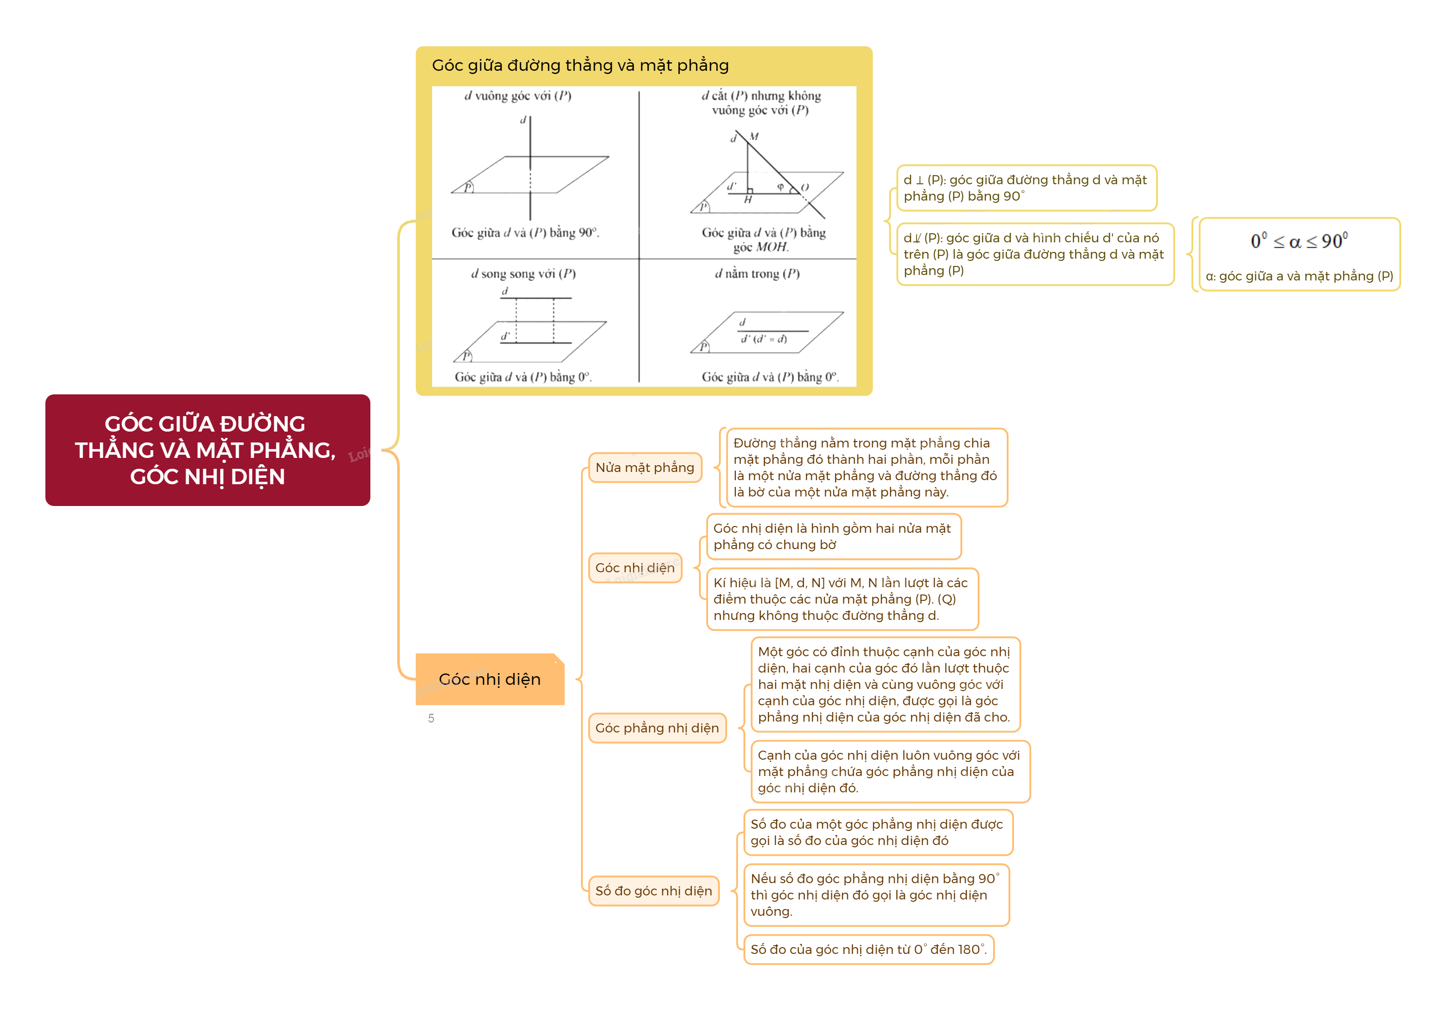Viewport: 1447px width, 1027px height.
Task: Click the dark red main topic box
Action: (x=207, y=450)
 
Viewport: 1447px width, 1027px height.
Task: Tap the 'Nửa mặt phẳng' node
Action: (x=645, y=467)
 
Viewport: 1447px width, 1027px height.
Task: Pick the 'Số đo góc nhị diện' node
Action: (x=653, y=890)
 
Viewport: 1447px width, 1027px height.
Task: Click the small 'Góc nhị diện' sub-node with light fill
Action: (x=635, y=567)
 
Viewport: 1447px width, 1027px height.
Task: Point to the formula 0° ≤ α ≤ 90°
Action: (x=1299, y=241)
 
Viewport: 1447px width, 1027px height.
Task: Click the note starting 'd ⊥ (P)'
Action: (x=1025, y=188)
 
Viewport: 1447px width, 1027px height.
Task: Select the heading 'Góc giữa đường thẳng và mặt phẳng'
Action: (x=580, y=65)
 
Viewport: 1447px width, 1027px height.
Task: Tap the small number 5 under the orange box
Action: (x=431, y=718)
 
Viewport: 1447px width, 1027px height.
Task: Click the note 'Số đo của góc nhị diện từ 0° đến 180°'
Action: (x=868, y=949)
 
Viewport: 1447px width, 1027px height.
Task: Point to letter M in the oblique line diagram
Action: (x=754, y=137)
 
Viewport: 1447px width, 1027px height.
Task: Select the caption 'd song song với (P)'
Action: (x=523, y=274)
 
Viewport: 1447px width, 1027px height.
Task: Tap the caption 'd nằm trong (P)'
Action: (x=757, y=274)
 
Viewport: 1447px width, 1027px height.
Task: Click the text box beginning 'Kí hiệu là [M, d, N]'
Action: (x=841, y=599)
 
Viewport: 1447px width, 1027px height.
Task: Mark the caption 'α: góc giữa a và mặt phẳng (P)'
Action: (x=1299, y=276)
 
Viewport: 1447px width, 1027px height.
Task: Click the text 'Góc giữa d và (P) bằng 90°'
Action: (x=525, y=233)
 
